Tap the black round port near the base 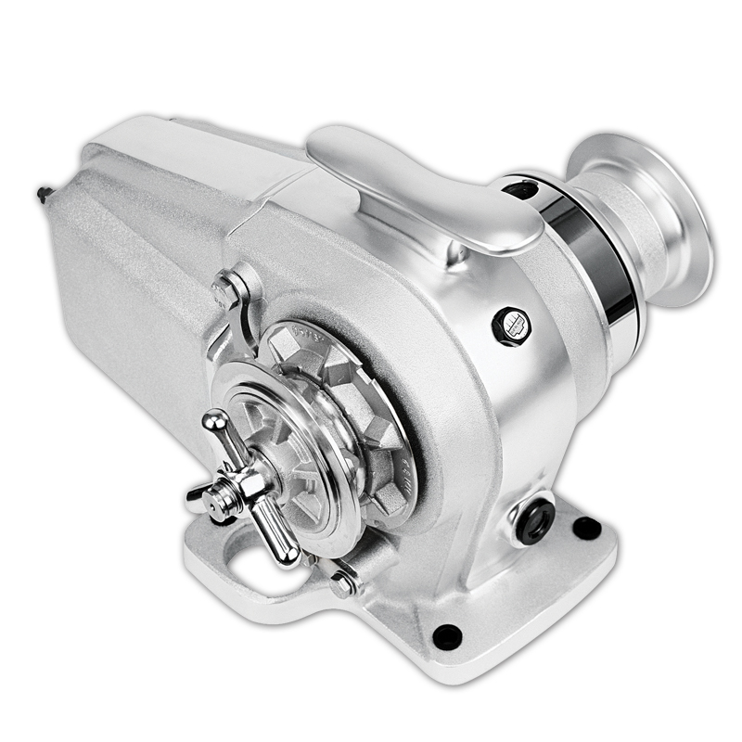pos(535,518)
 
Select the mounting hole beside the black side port pos(586,529)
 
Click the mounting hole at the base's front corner pos(447,636)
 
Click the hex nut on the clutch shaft pos(246,481)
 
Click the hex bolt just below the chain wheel pos(342,582)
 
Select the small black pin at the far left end pos(43,195)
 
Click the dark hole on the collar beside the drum pos(521,190)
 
